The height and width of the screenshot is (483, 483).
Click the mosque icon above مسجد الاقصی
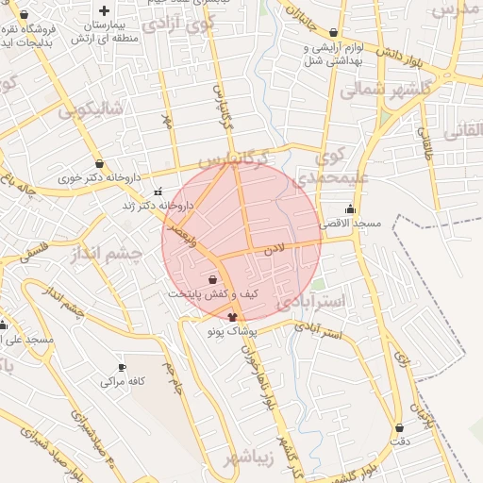point(352,209)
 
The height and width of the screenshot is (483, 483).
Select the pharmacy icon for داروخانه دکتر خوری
point(100,163)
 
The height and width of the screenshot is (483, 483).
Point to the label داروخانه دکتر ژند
point(157,205)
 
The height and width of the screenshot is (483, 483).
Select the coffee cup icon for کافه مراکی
point(121,367)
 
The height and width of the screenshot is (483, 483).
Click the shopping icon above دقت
point(400,427)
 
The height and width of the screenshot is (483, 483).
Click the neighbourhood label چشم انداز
point(104,255)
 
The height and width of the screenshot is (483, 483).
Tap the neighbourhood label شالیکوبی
point(91,109)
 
